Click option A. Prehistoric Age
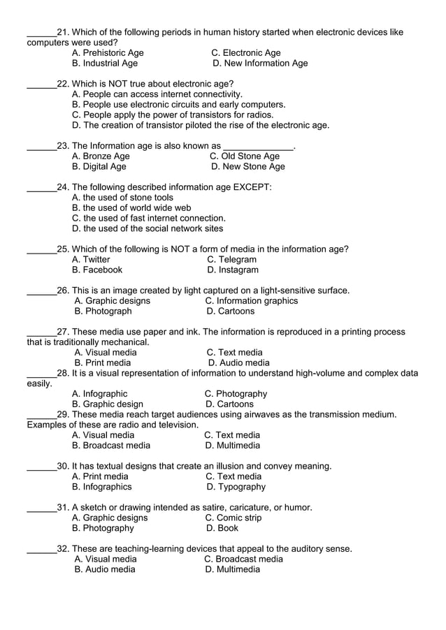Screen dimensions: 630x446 [x=108, y=53]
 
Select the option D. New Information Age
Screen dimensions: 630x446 [x=259, y=64]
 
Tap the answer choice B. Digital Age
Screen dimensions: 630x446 [x=99, y=167]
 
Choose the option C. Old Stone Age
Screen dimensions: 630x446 [x=245, y=156]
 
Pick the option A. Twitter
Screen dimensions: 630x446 [x=91, y=260]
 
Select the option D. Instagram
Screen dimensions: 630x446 [x=232, y=270]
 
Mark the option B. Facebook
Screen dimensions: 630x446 [x=97, y=270]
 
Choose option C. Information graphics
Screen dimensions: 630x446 [x=251, y=301]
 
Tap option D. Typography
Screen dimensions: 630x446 [x=236, y=487]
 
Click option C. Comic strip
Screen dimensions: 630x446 [x=233, y=518]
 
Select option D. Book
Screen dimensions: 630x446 [x=222, y=529]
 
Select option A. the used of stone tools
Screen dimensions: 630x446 [x=122, y=198]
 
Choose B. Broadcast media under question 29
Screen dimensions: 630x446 [x=111, y=446]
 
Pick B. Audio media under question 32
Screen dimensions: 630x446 [x=105, y=570]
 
